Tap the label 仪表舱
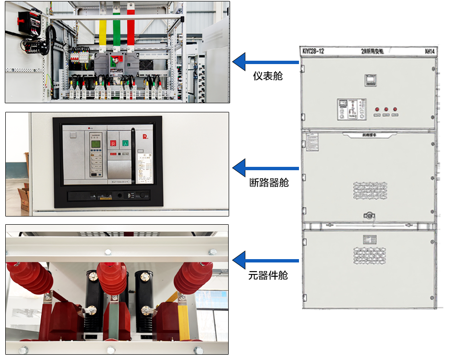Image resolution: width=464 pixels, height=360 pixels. [x=267, y=76]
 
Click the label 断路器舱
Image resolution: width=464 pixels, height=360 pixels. [x=269, y=182]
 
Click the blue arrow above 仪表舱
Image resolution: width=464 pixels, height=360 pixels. [x=265, y=62]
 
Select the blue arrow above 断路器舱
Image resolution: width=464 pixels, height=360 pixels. [x=265, y=168]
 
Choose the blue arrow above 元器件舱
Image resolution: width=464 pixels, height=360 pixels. [x=265, y=260]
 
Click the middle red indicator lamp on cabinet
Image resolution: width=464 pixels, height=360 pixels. [x=386, y=109]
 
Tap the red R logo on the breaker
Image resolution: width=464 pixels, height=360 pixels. [x=144, y=137]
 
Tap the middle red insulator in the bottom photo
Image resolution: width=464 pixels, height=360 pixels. [x=111, y=277]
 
